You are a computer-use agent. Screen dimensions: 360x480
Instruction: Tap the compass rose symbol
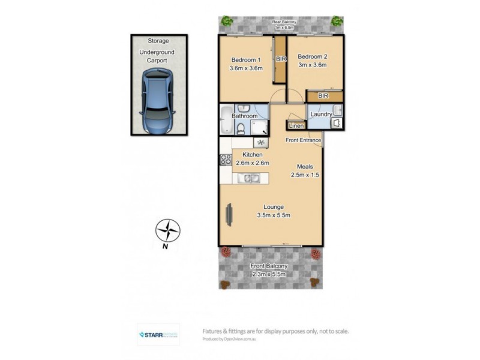169,230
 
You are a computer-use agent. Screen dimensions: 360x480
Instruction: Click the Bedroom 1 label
247,59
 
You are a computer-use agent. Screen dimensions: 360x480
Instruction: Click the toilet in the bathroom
241,128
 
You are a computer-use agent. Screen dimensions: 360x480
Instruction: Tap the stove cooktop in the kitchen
226,160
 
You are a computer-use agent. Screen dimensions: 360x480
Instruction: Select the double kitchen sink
248,178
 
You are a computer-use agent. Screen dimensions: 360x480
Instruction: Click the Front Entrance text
303,141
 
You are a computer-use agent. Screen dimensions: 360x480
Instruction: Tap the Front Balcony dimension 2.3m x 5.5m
269,274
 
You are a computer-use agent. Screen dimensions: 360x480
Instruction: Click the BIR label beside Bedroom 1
280,59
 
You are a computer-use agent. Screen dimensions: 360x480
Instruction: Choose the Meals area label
305,166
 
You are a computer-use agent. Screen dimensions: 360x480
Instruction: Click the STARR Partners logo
158,334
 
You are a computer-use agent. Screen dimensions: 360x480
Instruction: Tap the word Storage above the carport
158,41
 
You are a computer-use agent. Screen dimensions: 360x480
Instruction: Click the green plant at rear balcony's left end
227,21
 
